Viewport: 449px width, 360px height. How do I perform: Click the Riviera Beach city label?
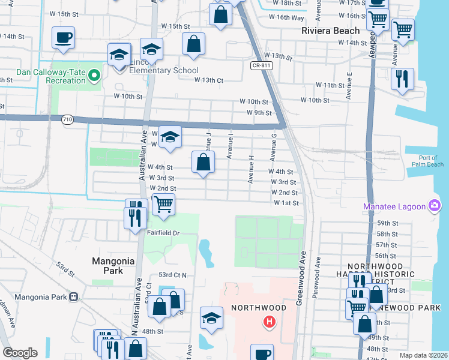tap(330, 31)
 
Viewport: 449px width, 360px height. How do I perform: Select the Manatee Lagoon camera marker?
tap(435, 206)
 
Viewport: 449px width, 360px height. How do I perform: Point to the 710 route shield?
tap(67, 119)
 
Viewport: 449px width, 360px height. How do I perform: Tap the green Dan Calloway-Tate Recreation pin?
tap(94, 76)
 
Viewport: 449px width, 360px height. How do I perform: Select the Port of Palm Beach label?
tap(428, 161)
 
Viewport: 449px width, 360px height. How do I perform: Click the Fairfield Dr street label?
tap(164, 232)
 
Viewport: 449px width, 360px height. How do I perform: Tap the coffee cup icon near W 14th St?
tap(63, 38)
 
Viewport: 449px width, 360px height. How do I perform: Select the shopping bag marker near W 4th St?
tap(203, 161)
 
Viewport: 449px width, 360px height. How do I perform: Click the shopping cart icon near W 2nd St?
tap(163, 204)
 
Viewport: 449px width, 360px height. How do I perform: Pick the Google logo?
tap(20, 352)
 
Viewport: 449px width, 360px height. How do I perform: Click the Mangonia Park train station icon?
tap(74, 296)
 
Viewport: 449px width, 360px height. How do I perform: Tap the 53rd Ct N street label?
tap(173, 274)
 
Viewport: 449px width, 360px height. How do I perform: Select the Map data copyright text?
tap(423, 355)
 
